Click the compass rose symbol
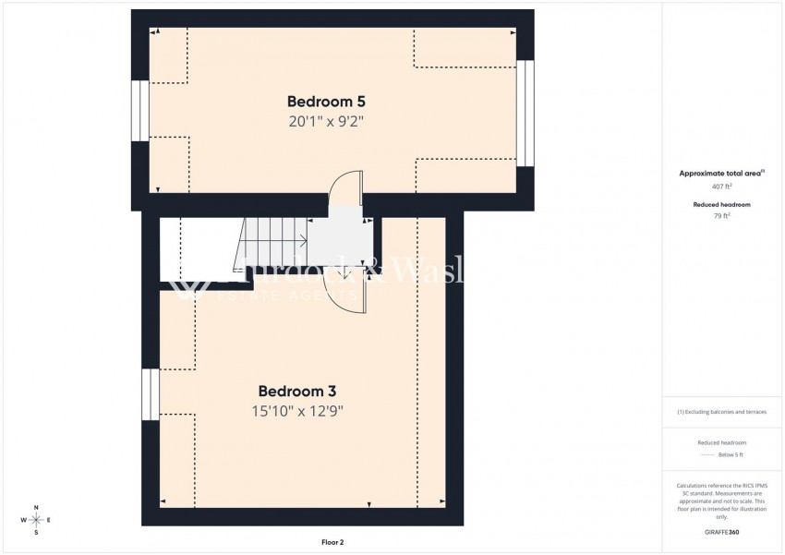pyautogui.click(x=36, y=521)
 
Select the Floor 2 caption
pyautogui.click(x=332, y=542)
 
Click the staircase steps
pyautogui.click(x=272, y=242)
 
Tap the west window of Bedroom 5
pyautogui.click(x=139, y=111)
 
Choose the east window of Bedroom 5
pyautogui.click(x=525, y=113)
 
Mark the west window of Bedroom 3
pyautogui.click(x=150, y=394)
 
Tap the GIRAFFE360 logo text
pyautogui.click(x=720, y=533)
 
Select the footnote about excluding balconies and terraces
pyautogui.click(x=720, y=412)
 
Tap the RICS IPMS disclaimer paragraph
pyautogui.click(x=720, y=501)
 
